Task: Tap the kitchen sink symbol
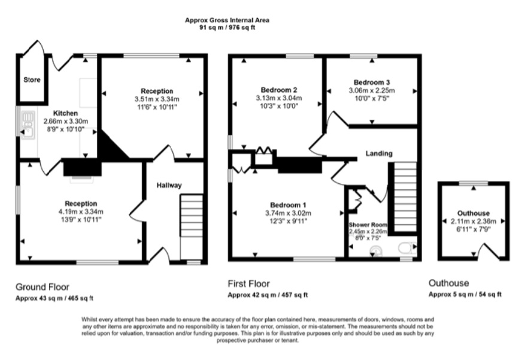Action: point(28,123)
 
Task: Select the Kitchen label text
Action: point(65,113)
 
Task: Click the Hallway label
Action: point(169,186)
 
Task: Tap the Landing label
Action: point(379,154)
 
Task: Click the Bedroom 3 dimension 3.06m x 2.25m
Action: point(372,90)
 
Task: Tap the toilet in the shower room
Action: point(405,246)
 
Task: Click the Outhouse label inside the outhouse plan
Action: point(473,213)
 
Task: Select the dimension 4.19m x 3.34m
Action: point(81,211)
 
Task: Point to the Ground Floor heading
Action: point(43,286)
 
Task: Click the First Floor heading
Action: point(248,284)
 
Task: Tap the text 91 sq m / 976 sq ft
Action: point(227,28)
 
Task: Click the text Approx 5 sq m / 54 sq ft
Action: point(465,295)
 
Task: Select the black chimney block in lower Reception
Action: point(78,167)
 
